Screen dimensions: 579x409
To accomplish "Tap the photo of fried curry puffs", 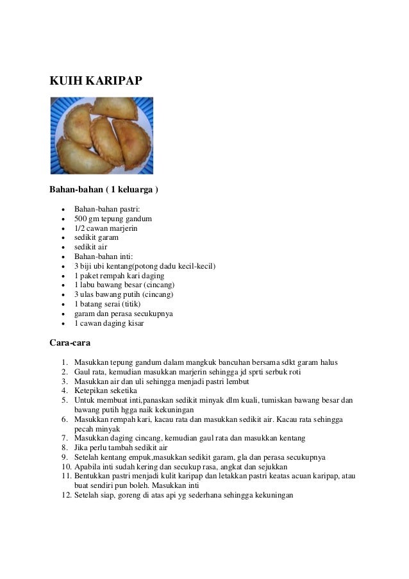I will click(x=101, y=135).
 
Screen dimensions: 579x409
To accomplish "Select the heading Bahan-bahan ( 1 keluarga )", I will click(x=104, y=190).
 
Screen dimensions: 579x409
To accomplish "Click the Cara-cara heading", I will click(x=70, y=342).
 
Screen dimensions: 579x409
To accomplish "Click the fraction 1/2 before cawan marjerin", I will click(x=80, y=228).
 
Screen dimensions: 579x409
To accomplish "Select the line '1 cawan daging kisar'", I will click(x=109, y=323).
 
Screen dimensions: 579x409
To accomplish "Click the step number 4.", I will click(x=65, y=390).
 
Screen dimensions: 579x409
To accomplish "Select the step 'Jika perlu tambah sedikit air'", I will click(x=121, y=448).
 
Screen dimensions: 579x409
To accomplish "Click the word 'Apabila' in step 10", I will click(x=88, y=467).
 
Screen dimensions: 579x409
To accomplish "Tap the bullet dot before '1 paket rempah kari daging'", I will click(x=62, y=276).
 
